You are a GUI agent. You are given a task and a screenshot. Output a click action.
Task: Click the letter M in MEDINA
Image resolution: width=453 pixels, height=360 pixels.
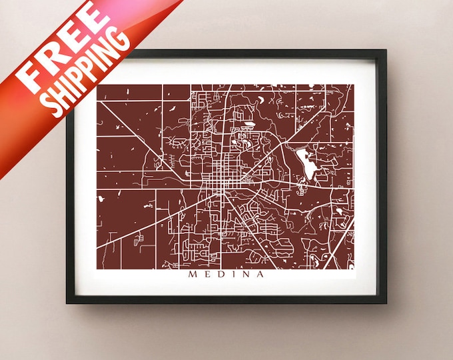(x=192, y=273)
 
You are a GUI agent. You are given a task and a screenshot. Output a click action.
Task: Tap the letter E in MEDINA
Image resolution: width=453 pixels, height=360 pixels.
(x=207, y=273)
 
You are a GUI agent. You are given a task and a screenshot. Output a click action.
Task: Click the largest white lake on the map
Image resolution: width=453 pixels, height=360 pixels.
(x=305, y=161)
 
